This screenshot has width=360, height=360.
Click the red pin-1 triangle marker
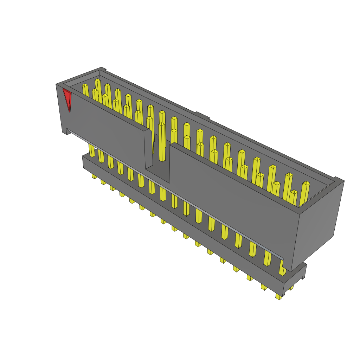[x=67, y=99]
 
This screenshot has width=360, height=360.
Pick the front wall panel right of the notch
[x=232, y=197]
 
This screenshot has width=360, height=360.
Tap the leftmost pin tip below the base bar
[x=94, y=176]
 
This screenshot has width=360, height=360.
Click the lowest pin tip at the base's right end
[x=279, y=296]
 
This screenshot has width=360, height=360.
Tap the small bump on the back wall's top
[x=202, y=115]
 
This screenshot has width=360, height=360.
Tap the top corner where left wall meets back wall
[x=102, y=69]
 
